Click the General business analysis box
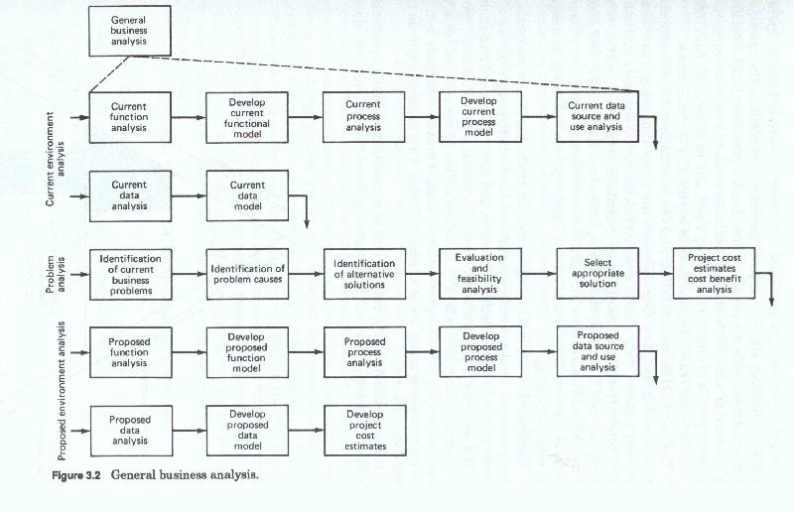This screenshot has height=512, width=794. coord(130,31)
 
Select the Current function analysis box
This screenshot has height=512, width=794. coord(130,117)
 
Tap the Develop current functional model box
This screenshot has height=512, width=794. coord(247,117)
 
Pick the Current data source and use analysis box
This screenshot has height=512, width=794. coord(597,116)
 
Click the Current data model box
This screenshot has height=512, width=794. coord(247,195)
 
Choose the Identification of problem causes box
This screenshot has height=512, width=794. coord(247,274)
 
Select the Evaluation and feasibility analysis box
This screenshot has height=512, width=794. coord(480,274)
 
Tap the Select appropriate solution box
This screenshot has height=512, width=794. coord(597,274)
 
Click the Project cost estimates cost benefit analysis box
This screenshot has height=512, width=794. coord(714,273)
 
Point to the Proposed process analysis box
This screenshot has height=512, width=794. coord(364,352)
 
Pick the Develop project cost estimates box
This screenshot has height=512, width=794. coord(365,431)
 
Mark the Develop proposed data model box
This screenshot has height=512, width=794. coord(247,431)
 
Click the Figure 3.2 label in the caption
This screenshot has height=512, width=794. coord(76,476)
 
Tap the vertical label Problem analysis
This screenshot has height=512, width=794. coord(56,275)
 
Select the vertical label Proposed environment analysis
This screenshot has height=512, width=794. coord(62,391)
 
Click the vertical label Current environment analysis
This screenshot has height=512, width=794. coord(56,159)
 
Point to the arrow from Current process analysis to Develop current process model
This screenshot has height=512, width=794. coord(422,117)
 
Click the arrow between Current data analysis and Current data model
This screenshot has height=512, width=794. coord(189,196)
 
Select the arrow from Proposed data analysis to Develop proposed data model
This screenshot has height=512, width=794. coord(190,431)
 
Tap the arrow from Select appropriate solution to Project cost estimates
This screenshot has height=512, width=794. coord(656,274)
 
